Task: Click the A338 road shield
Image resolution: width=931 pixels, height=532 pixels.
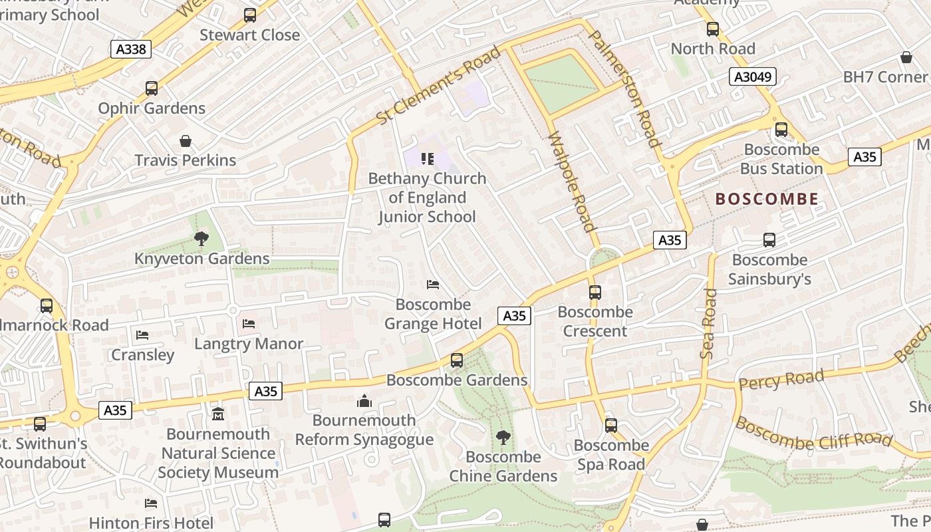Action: pos(131,49)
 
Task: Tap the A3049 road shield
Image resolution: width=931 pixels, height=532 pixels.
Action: pos(753,76)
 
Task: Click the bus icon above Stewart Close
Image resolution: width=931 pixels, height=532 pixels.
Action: pos(249,15)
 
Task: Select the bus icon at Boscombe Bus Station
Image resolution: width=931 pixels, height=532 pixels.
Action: pos(781,130)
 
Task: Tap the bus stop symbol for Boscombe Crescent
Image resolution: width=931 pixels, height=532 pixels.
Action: pos(595,292)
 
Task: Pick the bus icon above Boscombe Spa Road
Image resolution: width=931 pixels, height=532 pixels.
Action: pos(610,425)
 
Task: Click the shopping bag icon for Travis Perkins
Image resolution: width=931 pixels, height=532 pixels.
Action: pos(186,141)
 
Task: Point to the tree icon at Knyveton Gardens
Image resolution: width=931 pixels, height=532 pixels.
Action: pos(201,239)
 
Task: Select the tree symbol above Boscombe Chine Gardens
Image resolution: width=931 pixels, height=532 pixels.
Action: pos(503,437)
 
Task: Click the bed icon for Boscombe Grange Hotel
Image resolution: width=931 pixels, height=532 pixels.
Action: pos(432,285)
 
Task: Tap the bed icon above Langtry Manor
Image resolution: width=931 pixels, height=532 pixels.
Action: pos(249,324)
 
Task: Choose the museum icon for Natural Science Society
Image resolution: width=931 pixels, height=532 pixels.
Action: pos(217,414)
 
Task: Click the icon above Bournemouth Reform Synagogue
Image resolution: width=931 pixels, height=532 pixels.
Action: pos(364,401)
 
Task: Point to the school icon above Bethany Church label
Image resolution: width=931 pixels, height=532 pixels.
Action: pos(428,158)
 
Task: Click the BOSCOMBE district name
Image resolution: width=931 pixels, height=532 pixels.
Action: pos(767,199)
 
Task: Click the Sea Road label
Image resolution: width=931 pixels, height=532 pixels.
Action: pos(709,324)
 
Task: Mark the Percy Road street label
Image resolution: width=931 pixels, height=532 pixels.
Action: pos(781,380)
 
